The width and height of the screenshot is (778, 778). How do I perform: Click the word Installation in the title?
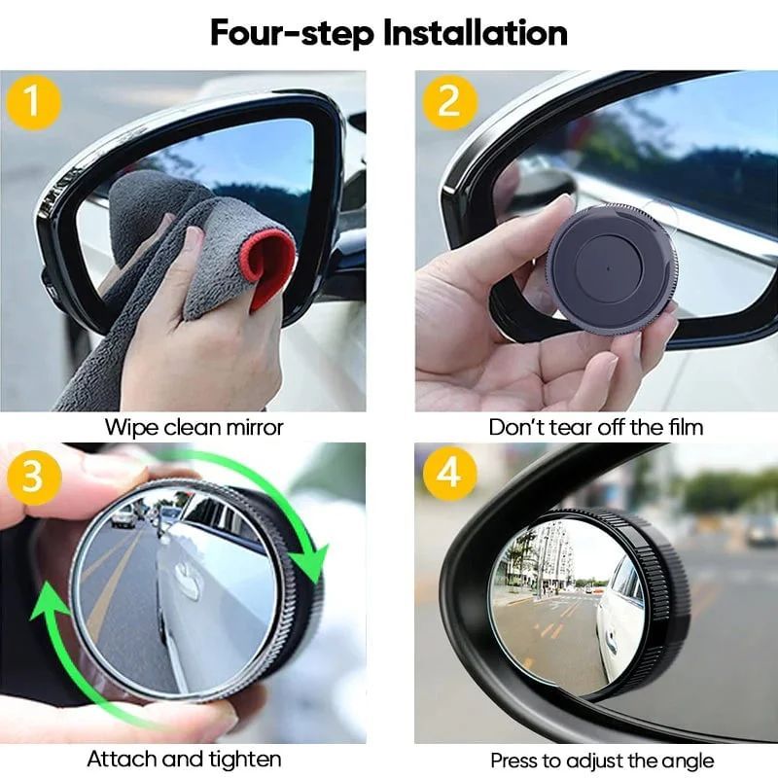[475, 32]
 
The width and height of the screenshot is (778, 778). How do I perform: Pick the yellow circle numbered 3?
[33, 477]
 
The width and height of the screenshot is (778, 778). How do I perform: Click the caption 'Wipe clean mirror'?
[194, 426]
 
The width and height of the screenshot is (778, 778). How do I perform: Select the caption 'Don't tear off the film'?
[595, 426]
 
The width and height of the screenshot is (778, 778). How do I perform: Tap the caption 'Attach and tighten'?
[184, 759]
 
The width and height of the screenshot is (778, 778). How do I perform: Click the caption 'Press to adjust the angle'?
[602, 760]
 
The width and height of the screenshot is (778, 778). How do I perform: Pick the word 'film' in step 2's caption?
[684, 426]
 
